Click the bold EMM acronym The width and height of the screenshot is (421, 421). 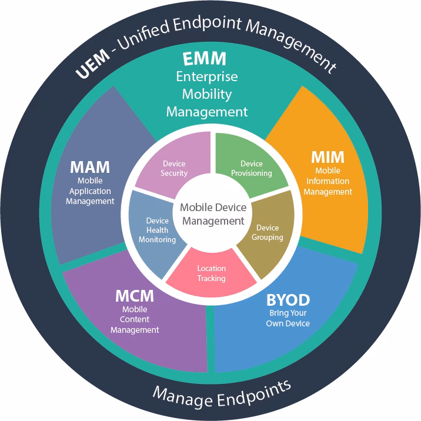[x=205, y=59]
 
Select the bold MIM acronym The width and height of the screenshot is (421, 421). [x=328, y=158]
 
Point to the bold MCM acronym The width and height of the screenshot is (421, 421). [x=135, y=296]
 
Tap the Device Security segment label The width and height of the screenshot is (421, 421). [x=174, y=168]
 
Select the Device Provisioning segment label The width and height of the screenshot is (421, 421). [x=252, y=168]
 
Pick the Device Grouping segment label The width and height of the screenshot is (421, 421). [x=268, y=232]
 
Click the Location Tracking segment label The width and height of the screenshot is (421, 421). [x=211, y=273]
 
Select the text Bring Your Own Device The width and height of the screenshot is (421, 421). [x=289, y=318]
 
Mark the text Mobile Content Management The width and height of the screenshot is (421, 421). [x=135, y=320]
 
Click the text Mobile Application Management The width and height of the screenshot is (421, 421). [x=90, y=191]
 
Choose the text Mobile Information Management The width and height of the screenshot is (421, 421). [x=328, y=181]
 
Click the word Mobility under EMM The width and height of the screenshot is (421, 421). [x=207, y=94]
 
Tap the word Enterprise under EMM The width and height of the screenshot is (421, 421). [x=207, y=77]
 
